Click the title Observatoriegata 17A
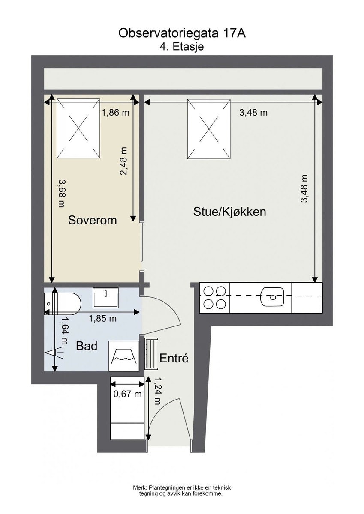(182, 33)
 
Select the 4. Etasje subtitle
(182, 47)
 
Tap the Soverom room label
(93, 220)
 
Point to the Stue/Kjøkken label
(230, 212)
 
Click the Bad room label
(87, 346)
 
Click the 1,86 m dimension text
(115, 112)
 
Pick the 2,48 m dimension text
(123, 161)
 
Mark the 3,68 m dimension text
(61, 194)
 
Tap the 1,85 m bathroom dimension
(102, 318)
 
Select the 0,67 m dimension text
(127, 394)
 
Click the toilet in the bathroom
(63, 304)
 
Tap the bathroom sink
(106, 298)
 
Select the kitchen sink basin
(273, 297)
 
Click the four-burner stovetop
(214, 298)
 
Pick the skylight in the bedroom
(78, 128)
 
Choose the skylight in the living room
(209, 129)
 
